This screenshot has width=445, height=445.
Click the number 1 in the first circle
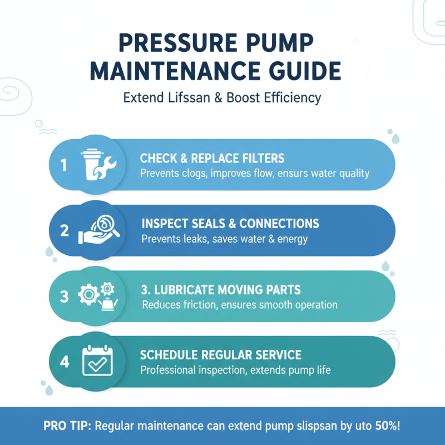click(63, 166)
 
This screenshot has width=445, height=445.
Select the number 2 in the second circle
click(65, 231)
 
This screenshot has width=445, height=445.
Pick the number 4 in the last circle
click(65, 362)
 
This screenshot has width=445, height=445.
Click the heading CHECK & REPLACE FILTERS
click(212, 159)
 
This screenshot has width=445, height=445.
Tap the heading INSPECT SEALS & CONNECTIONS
click(230, 224)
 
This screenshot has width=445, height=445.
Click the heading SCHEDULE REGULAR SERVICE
click(220, 355)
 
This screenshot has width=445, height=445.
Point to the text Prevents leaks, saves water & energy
click(224, 239)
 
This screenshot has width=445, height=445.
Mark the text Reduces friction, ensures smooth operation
click(240, 305)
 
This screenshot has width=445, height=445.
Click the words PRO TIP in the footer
click(67, 426)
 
